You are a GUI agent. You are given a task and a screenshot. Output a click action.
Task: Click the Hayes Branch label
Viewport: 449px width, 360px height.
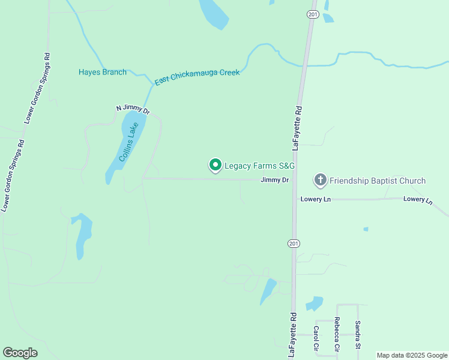[x=103, y=73]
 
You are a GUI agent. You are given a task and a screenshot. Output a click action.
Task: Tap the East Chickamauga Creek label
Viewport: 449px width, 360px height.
[x=197, y=77]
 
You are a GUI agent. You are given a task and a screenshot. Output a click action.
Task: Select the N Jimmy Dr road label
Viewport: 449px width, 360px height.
[x=133, y=110]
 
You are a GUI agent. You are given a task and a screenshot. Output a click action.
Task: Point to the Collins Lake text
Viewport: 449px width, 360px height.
[x=128, y=142]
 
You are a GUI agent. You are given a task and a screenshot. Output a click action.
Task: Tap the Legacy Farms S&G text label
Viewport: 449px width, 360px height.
[x=260, y=166]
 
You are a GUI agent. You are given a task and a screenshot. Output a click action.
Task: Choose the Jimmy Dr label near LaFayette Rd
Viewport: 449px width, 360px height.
[x=275, y=180]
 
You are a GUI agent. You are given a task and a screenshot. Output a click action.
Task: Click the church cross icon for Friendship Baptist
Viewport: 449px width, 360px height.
[x=321, y=180]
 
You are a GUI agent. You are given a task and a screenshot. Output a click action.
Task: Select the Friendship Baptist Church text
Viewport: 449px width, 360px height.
[x=378, y=181]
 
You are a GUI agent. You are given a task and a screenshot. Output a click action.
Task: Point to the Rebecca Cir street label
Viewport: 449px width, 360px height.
[x=337, y=334]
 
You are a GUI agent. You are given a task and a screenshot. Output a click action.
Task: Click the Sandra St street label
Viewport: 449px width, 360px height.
[x=357, y=335]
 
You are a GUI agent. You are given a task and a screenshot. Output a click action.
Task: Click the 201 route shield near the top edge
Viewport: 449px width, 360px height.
[x=312, y=14]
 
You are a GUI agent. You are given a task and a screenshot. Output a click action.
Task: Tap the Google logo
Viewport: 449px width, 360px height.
[x=20, y=353]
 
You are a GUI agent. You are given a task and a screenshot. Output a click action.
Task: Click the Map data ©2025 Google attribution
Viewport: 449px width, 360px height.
[x=412, y=355]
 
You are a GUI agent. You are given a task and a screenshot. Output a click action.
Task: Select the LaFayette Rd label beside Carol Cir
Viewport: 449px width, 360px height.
[x=292, y=334]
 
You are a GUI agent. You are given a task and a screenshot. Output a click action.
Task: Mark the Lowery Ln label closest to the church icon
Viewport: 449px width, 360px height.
[x=316, y=199]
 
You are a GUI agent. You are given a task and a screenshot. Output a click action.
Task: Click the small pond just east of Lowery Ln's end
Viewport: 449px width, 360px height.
[x=366, y=229]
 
